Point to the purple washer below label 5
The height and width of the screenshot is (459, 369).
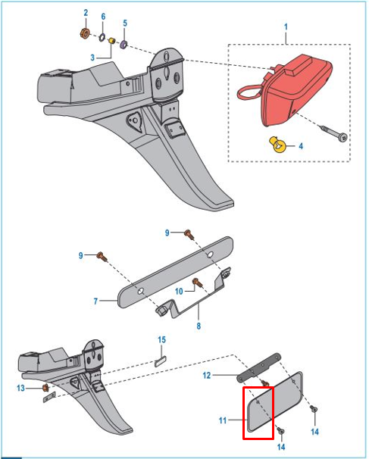click(x=124, y=42)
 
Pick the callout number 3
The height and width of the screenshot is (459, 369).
click(x=93, y=58)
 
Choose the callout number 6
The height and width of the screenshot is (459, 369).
click(x=103, y=17)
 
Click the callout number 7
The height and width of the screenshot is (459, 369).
click(x=96, y=301)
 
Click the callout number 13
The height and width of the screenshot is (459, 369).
click(x=21, y=389)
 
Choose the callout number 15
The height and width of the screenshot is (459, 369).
click(x=161, y=339)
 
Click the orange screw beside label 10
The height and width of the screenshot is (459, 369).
click(x=198, y=283)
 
